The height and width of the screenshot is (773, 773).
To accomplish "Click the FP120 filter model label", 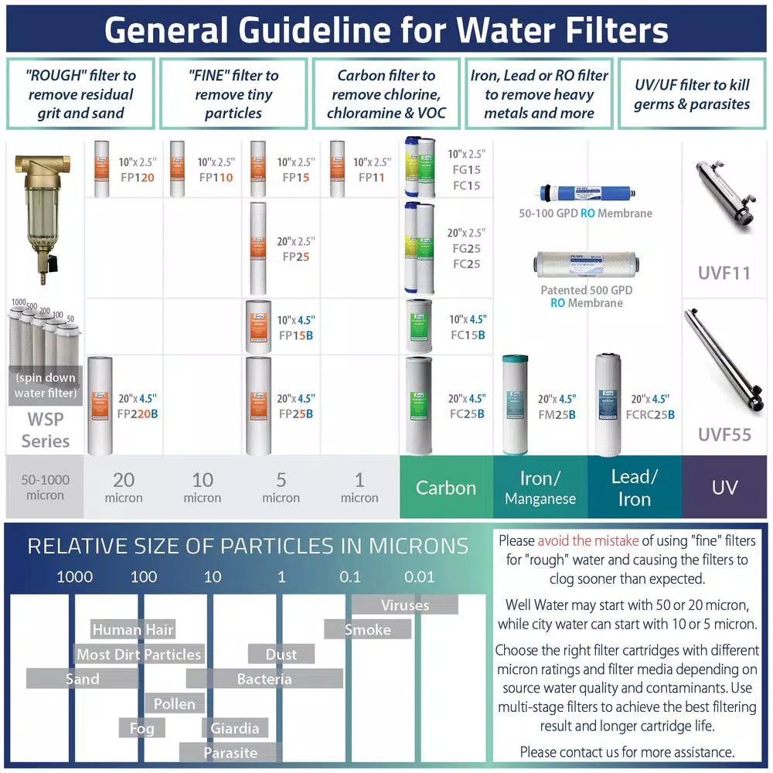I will [x=137, y=178].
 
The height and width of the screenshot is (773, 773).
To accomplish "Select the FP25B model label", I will [x=295, y=414].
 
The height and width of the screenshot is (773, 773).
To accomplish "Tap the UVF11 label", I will [x=724, y=273].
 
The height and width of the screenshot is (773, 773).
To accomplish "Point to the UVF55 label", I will [x=724, y=435].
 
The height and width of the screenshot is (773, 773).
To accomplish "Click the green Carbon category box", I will [x=446, y=488].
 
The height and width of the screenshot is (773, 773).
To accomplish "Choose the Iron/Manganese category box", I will [x=540, y=488].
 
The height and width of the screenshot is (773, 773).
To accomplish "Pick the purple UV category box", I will [x=724, y=488].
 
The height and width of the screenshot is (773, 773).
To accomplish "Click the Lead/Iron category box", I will [x=634, y=488].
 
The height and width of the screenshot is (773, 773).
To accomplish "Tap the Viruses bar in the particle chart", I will [x=405, y=604].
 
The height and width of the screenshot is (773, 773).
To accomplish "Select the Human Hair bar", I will [x=133, y=629].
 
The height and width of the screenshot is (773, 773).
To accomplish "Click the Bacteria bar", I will [x=264, y=679].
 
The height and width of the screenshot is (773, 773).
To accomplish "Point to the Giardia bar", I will [x=235, y=727].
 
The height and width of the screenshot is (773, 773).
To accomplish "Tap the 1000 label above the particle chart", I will [x=75, y=577].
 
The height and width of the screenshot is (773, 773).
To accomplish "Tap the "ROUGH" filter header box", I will [x=80, y=94].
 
